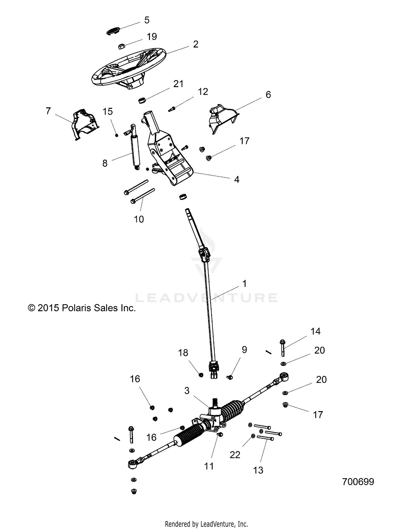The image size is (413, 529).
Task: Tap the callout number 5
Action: pos(147,20)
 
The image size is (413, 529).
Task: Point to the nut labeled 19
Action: pos(121,46)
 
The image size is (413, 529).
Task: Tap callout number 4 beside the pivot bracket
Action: pos(237,180)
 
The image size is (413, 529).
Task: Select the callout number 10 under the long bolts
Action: pos(139,219)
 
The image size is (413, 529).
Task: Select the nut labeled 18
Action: pos(201,375)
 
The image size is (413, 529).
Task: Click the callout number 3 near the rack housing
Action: pos(187,391)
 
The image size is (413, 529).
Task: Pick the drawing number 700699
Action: pos(358,482)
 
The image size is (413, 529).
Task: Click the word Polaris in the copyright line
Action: pos(77,308)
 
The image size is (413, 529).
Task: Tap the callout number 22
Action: pos(235,455)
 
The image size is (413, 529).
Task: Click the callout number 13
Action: pos(258,470)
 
